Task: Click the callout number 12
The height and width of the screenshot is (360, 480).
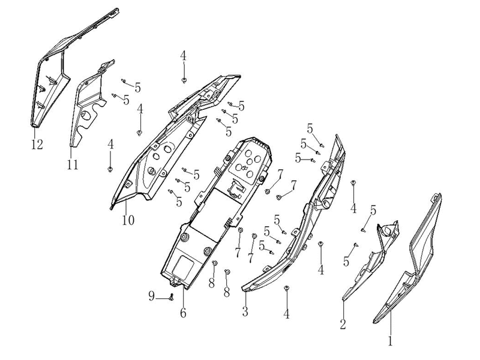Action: [37, 145]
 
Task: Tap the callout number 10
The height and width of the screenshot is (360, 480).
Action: [128, 220]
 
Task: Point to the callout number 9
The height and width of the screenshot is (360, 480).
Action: [152, 296]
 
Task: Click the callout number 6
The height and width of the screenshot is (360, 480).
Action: [183, 313]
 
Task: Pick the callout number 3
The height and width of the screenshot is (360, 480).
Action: [245, 311]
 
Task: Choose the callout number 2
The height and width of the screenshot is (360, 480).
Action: [343, 324]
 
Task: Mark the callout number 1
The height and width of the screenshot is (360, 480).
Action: [390, 341]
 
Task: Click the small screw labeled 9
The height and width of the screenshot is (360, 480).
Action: [172, 296]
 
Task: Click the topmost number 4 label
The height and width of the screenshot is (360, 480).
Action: [183, 56]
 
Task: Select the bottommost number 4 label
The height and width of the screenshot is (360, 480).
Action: [287, 314]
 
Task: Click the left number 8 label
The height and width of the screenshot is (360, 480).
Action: [212, 283]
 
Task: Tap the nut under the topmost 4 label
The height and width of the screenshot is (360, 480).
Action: [184, 80]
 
